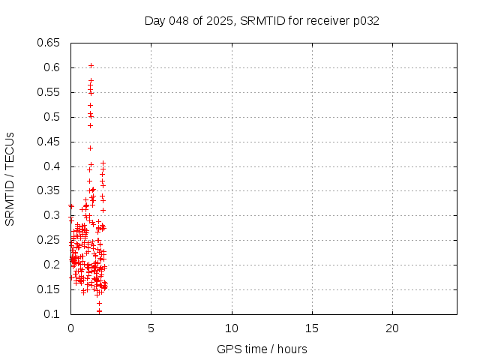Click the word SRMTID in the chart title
click(x=260, y=21)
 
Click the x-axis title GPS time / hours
click(x=262, y=349)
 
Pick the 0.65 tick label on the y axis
click(x=49, y=43)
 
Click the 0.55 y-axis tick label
click(x=49, y=92)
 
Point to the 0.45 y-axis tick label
click(x=49, y=142)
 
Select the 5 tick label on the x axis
click(x=151, y=328)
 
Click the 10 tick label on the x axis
click(x=232, y=328)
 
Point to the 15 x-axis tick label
click(x=312, y=328)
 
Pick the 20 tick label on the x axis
click(x=392, y=328)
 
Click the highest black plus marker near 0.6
click(x=91, y=65)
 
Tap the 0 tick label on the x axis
click(x=70, y=328)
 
